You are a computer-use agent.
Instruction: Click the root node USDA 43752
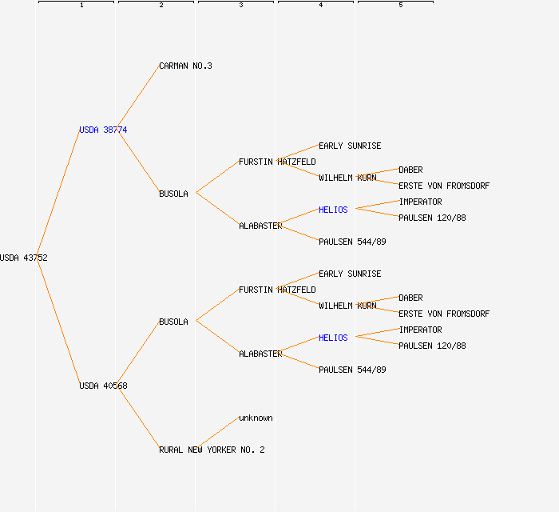(x=24, y=258)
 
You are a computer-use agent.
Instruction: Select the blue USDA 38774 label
(x=102, y=130)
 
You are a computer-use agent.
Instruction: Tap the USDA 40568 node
(x=102, y=386)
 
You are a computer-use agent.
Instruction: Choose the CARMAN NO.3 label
(x=185, y=66)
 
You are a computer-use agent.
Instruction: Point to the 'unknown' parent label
(x=256, y=418)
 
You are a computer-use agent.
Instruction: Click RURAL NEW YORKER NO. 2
(x=212, y=450)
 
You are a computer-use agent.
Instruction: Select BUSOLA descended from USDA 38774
(x=173, y=194)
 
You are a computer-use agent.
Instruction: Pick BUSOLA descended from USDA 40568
(x=173, y=322)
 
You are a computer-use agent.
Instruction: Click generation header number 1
(x=81, y=6)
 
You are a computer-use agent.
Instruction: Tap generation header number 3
(x=241, y=6)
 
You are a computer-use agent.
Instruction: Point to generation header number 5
(x=401, y=6)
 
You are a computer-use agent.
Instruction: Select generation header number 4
(x=321, y=6)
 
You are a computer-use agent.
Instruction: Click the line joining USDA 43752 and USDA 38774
(x=57, y=194)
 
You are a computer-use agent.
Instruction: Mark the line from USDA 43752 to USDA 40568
(x=57, y=322)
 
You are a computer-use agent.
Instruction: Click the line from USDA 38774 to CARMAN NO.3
(x=138, y=98)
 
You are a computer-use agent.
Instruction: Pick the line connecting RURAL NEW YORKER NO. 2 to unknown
(x=217, y=434)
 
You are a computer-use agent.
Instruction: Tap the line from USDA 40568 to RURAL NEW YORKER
(x=138, y=418)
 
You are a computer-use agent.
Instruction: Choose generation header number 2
(x=161, y=6)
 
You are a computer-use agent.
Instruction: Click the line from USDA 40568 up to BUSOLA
(x=138, y=354)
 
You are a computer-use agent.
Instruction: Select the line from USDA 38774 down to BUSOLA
(x=138, y=162)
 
